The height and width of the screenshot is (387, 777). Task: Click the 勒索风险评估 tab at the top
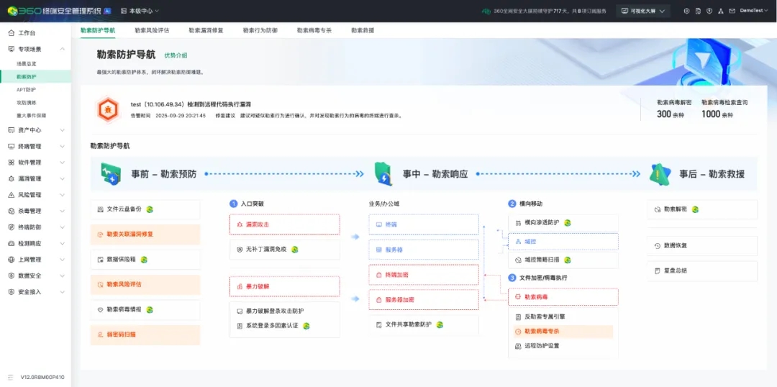(x=152, y=31)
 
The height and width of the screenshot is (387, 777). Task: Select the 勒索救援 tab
(x=363, y=31)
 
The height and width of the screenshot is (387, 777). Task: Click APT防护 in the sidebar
(x=26, y=90)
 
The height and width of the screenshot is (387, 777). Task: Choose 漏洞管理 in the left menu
(x=29, y=178)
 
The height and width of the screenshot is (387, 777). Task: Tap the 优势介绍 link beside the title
(x=176, y=55)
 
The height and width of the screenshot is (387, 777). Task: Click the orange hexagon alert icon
(x=108, y=109)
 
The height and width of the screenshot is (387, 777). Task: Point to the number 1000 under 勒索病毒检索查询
(x=711, y=114)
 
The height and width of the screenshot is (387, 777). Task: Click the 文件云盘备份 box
(x=145, y=209)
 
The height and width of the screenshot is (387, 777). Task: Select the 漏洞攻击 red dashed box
(x=284, y=224)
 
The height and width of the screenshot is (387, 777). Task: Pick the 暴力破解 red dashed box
(x=284, y=286)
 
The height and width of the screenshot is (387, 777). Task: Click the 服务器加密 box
(x=423, y=299)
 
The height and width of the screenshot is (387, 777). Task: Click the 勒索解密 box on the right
(x=701, y=209)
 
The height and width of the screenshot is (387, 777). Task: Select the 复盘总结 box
(x=701, y=271)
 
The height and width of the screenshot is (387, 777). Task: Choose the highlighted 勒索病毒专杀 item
(x=563, y=332)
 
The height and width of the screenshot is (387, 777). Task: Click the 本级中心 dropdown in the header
(x=140, y=11)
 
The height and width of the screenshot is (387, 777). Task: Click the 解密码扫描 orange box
(x=145, y=334)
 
